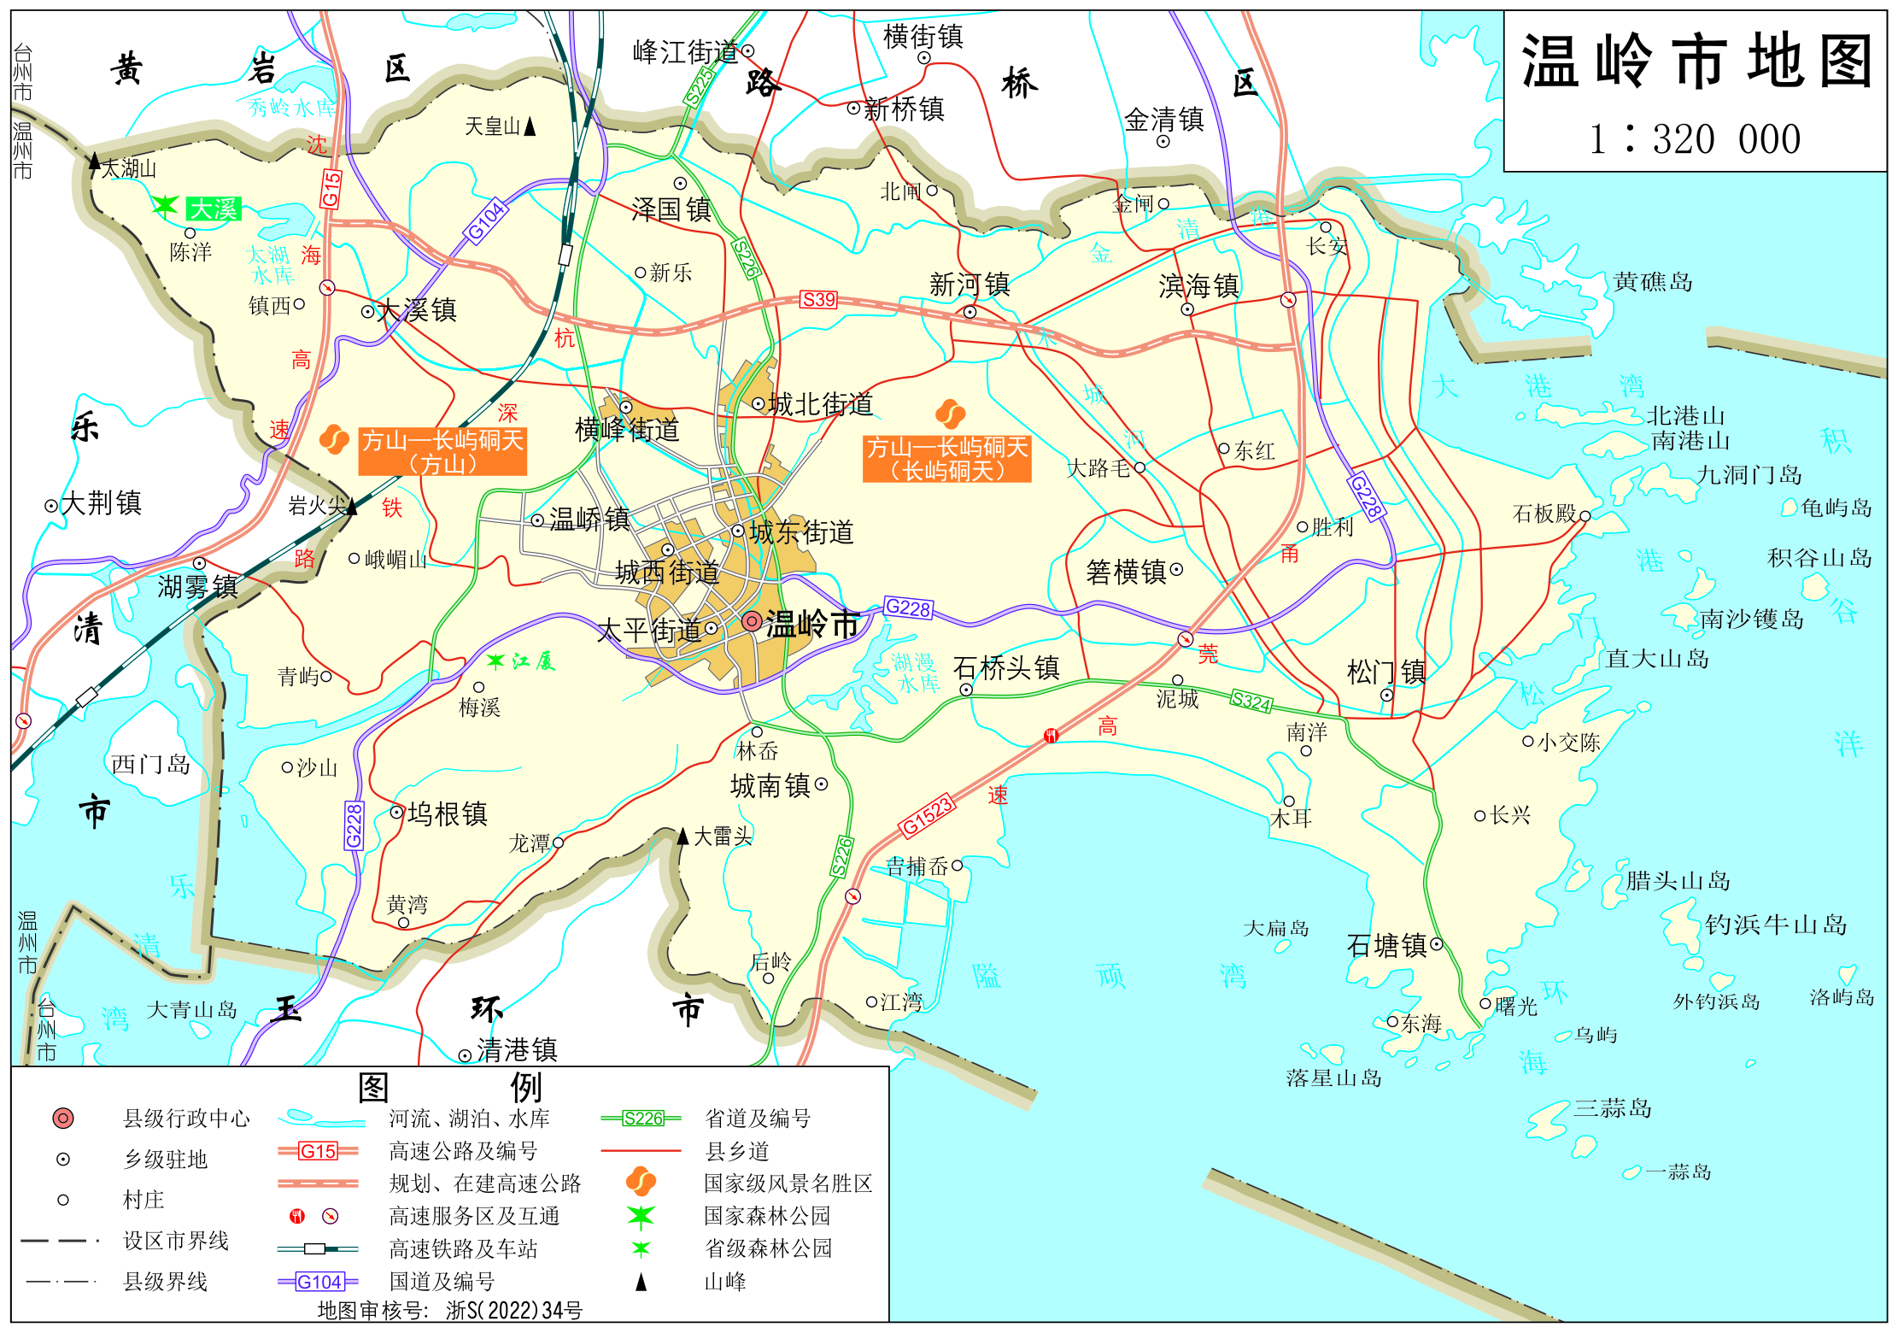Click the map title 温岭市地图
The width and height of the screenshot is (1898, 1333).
coord(1696,62)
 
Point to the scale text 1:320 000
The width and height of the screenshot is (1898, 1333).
coord(1695,138)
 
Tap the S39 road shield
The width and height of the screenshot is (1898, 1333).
coord(818,300)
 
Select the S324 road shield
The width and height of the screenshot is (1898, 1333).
coord(1251,702)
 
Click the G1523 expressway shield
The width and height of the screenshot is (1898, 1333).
coord(927,815)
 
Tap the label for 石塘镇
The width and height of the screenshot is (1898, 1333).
coord(1386,945)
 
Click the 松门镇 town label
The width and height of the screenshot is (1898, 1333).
coord(1386,672)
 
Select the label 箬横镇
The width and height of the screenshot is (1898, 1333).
coord(1127,572)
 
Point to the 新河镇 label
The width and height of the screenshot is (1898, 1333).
coord(970,285)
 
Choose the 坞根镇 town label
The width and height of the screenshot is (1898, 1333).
coord(448,813)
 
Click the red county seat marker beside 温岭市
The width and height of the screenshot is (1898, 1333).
coord(752,621)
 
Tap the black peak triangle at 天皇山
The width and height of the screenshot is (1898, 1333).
coord(530,126)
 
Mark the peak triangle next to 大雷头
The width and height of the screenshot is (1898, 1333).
coord(682,836)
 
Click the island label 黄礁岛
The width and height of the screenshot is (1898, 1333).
coord(1653,282)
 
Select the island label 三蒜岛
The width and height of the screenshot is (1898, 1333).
coord(1612,1108)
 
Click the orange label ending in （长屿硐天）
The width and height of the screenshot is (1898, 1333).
coord(946,459)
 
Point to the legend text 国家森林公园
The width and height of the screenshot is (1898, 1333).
coord(767,1215)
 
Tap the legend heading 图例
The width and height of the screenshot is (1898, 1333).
coord(449,1088)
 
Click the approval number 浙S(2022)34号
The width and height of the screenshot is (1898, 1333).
coord(514,1310)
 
